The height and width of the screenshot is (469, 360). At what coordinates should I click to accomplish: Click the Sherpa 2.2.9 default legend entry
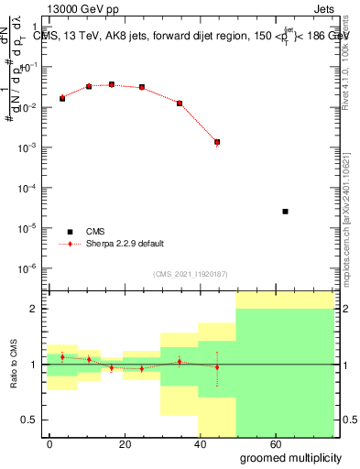pyautogui.click(x=124, y=244)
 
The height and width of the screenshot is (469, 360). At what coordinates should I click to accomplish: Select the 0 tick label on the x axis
pyautogui.click(x=50, y=442)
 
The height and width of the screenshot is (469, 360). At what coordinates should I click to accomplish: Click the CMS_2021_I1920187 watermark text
pyautogui.click(x=191, y=274)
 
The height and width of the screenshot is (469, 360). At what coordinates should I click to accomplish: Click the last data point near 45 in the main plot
pyautogui.click(x=217, y=142)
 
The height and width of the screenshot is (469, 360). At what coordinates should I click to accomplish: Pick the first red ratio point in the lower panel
pyautogui.click(x=62, y=356)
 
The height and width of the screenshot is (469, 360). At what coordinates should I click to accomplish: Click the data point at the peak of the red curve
pyautogui.click(x=112, y=84)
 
